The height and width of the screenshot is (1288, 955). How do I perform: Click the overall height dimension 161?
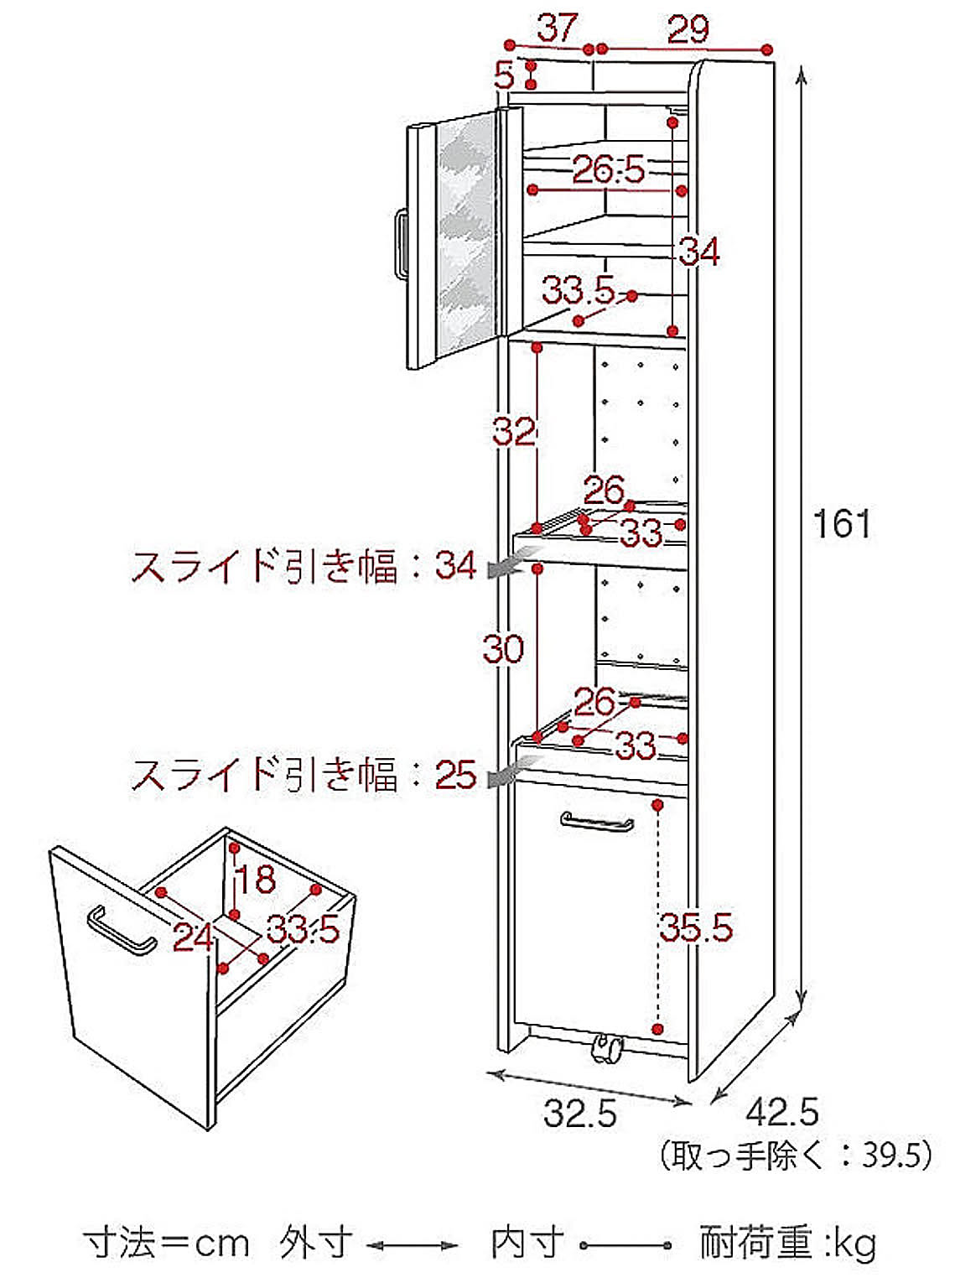point(842,524)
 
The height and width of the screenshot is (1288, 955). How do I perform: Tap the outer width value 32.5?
point(579,1114)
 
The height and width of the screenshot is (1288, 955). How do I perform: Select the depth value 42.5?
point(781,1112)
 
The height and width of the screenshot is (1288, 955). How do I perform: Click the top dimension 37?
point(558,28)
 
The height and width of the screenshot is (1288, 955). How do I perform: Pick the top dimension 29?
point(688,30)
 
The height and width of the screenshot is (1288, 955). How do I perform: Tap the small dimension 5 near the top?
point(504,75)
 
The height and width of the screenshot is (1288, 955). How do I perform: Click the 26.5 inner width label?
point(609,169)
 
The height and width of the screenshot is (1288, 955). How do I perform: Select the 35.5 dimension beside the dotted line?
point(695,927)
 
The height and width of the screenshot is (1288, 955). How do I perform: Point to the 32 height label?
point(513,432)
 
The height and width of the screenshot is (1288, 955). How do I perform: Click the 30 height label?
point(503,648)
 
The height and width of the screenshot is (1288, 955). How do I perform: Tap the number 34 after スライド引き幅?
point(455,566)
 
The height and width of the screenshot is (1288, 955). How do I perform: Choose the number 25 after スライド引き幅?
point(455,776)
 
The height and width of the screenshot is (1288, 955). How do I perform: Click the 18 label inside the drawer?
point(255,880)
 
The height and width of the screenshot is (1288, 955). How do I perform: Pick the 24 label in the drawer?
point(193,937)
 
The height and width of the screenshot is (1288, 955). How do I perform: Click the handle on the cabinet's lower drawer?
point(596,822)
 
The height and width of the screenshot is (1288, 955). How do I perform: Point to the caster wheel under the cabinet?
point(606,1048)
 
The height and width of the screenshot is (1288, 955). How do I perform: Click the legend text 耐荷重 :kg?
point(787,1243)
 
